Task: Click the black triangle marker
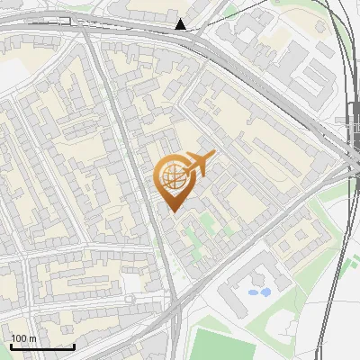point(181,24)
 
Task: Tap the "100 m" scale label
point(24,338)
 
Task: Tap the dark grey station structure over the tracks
point(353,135)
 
